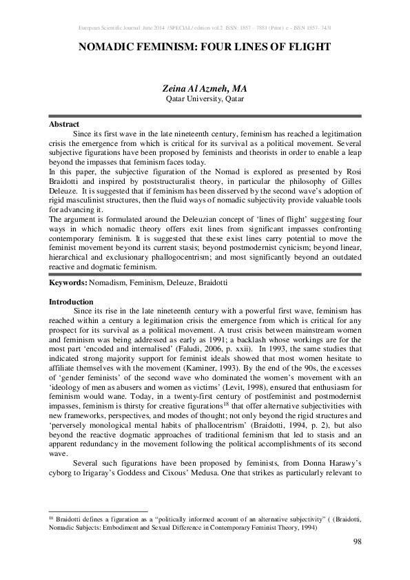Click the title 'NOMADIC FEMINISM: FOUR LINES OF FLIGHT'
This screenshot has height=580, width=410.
tap(205, 48)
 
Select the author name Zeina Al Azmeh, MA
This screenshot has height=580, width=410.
tap(205, 89)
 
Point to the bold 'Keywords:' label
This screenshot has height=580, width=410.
tap(68, 283)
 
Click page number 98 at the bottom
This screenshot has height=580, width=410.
tap(357, 543)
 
